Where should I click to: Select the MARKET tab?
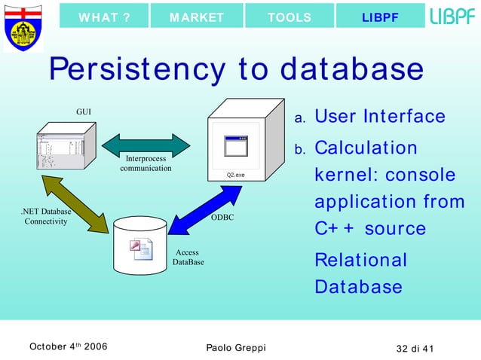(x=197, y=17)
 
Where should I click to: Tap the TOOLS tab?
(x=290, y=17)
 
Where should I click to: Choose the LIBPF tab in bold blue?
(x=380, y=17)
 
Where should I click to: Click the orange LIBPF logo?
(x=452, y=17)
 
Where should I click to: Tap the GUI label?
(x=84, y=111)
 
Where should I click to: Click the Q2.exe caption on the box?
(x=236, y=175)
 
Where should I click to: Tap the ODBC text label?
(x=222, y=218)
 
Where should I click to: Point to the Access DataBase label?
(x=187, y=258)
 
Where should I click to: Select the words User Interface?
(x=379, y=117)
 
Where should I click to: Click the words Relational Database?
(x=360, y=273)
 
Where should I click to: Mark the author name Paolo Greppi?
(x=235, y=347)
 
